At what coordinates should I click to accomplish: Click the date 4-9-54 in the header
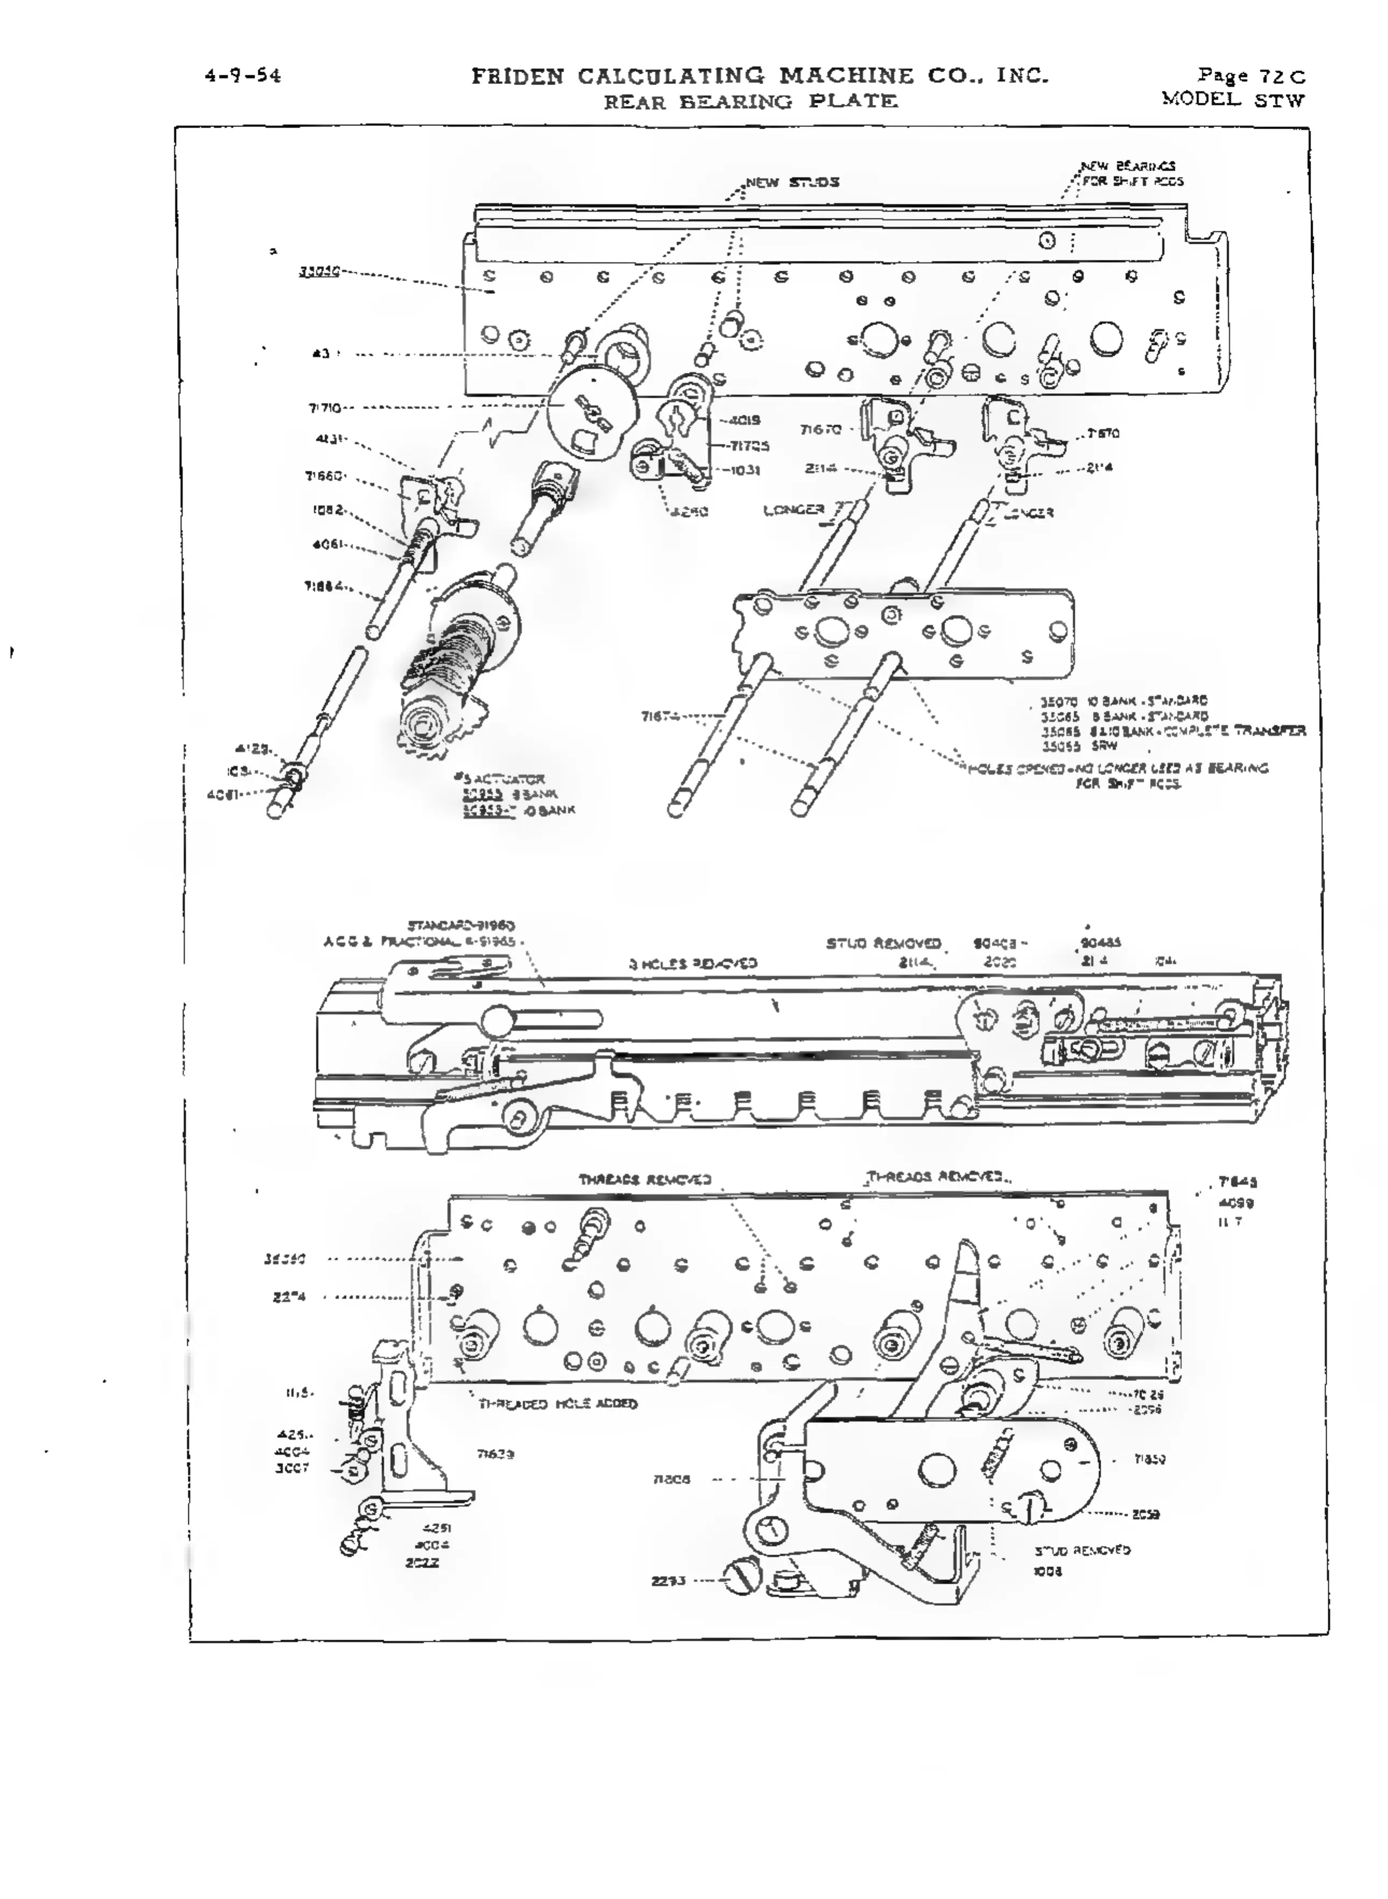(x=243, y=76)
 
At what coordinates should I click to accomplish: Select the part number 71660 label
(x=323, y=476)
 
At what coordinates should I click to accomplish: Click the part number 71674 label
(x=661, y=717)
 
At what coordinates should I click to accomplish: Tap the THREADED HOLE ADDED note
(x=558, y=1403)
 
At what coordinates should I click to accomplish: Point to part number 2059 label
(x=1146, y=1514)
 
